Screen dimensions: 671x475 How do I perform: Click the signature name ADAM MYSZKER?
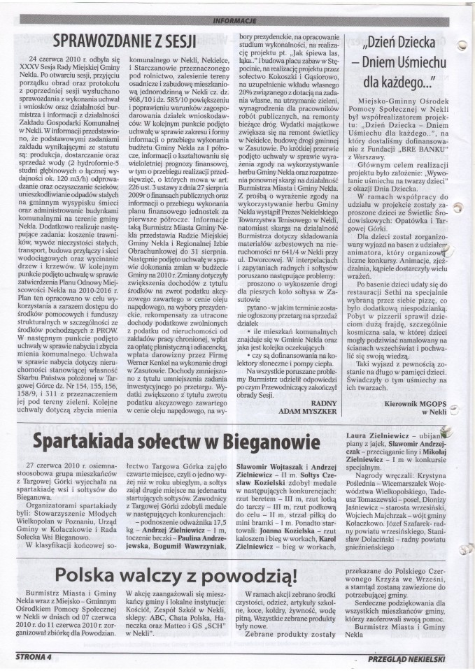coord(311,412)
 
